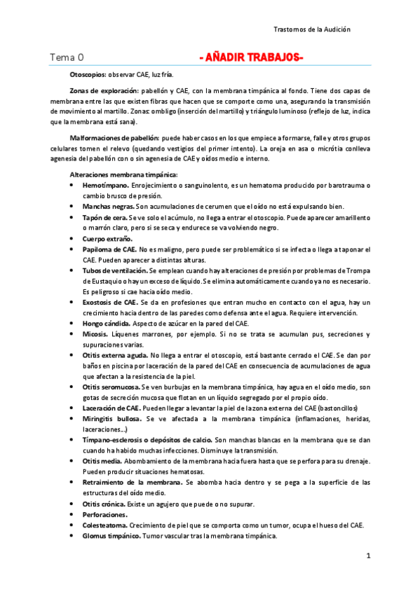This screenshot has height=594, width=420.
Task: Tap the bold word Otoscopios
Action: click(88, 74)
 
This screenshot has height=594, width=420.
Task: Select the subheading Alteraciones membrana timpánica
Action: click(123, 174)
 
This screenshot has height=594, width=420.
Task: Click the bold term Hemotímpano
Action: click(105, 185)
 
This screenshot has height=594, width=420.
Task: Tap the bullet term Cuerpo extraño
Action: click(107, 239)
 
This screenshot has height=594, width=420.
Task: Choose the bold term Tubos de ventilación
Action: click(115, 270)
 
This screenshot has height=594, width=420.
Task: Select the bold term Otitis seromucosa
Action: click(111, 387)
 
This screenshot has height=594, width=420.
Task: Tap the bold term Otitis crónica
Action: click(105, 504)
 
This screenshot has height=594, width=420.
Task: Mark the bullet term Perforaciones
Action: click(105, 515)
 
